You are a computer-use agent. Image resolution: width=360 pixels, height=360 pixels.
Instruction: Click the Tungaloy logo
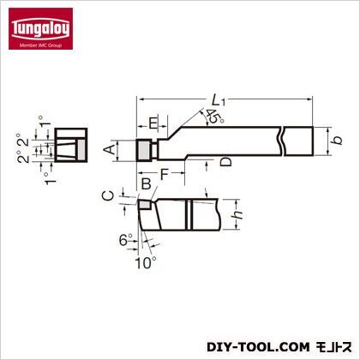(40, 28)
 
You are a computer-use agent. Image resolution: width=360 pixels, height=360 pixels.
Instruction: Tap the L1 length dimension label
(219, 100)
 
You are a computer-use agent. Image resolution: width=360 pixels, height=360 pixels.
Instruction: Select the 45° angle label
(214, 117)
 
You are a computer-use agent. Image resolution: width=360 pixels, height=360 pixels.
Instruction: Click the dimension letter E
(153, 123)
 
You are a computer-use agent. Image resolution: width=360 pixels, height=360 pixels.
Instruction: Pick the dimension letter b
(338, 140)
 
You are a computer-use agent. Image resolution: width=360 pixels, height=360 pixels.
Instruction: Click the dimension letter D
(226, 162)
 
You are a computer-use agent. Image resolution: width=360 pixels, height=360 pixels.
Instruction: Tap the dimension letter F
(165, 174)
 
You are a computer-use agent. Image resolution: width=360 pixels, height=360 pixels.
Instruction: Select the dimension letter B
(147, 183)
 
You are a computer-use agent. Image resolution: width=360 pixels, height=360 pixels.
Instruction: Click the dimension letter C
(108, 195)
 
